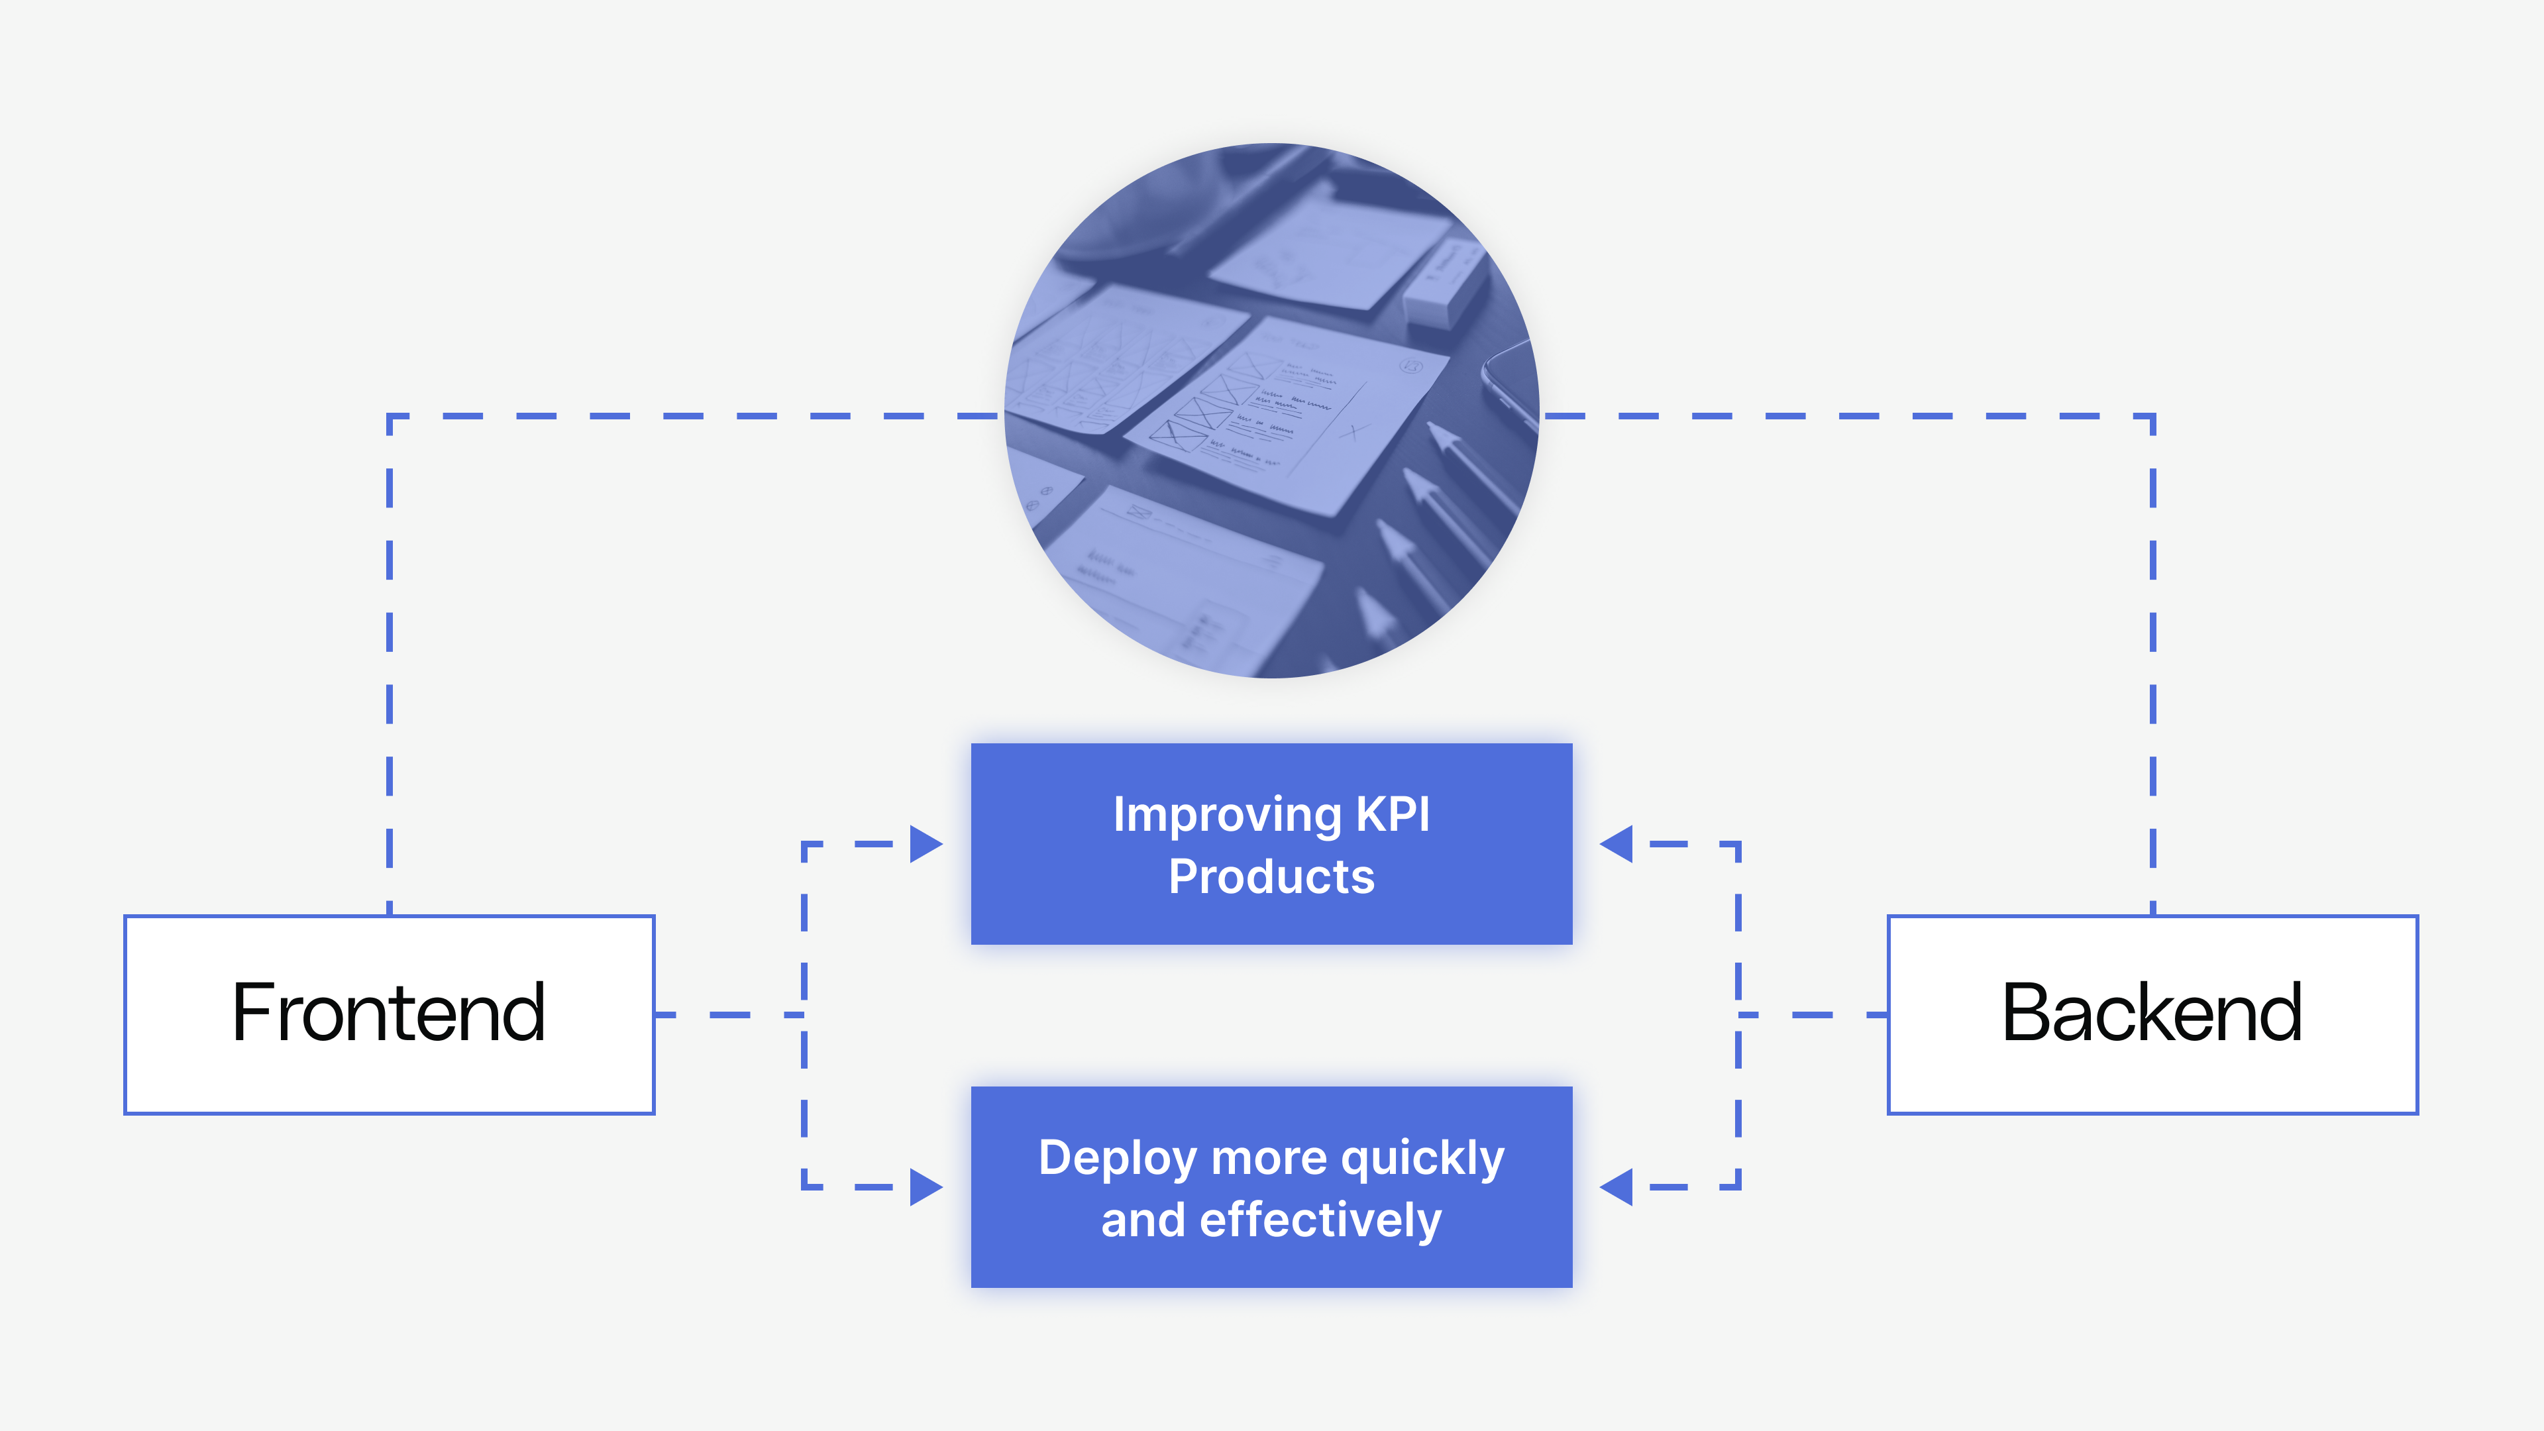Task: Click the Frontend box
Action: click(x=389, y=1014)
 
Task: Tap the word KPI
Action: click(x=1393, y=815)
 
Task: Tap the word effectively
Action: click(x=1320, y=1220)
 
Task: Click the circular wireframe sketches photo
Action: click(x=1271, y=411)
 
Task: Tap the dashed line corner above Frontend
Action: click(x=390, y=417)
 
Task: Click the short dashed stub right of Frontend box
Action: click(x=729, y=1014)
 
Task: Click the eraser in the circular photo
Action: click(x=1444, y=284)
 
